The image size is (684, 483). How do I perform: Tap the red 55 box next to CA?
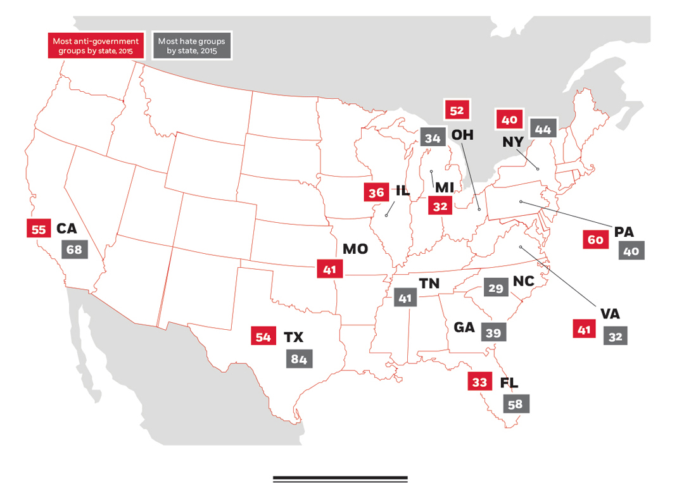tap(39, 229)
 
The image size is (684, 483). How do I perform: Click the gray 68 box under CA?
tap(73, 249)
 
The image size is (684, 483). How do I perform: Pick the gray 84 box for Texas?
tap(298, 359)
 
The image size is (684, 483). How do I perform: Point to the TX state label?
tap(293, 337)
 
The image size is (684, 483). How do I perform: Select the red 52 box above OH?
tap(457, 111)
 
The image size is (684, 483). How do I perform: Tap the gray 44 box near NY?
tap(543, 129)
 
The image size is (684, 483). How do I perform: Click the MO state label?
tap(355, 249)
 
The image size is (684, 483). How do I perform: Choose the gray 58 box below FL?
tap(516, 403)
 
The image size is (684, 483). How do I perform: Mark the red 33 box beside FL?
tap(479, 382)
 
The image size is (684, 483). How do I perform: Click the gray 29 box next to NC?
tap(495, 288)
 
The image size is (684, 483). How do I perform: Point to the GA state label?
tap(464, 328)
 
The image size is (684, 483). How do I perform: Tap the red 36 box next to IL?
tap(376, 192)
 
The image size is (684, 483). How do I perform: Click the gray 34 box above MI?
tap(433, 138)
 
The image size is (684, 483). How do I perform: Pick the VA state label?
tap(611, 313)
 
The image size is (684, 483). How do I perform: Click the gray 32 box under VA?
tap(615, 336)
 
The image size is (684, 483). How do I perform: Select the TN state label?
tap(429, 284)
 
